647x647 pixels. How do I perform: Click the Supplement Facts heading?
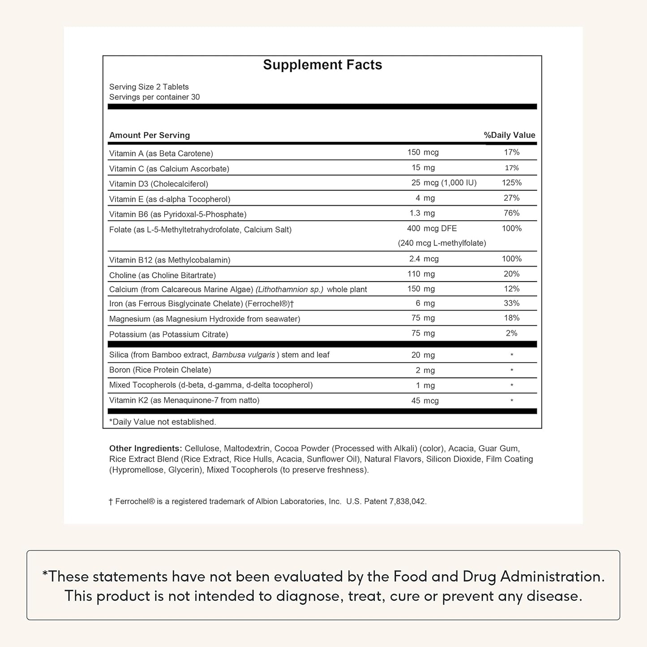point(322,65)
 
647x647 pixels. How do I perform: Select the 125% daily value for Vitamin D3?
point(512,183)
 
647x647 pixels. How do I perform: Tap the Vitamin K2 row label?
point(184,400)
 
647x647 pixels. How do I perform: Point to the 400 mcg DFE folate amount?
point(432,228)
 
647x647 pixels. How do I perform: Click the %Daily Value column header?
point(510,135)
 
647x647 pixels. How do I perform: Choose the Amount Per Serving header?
point(150,135)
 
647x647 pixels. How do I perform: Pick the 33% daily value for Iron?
point(512,303)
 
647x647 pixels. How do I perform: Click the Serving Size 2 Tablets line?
point(149,87)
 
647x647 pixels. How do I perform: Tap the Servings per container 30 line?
point(154,97)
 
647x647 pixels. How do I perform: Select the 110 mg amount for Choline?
point(421,274)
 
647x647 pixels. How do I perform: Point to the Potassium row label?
point(169,334)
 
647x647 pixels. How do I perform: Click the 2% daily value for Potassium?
point(512,333)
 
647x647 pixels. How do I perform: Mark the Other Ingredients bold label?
point(146,449)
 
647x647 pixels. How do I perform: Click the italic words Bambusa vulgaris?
point(244,355)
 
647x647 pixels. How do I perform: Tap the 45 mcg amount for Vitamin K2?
point(425,401)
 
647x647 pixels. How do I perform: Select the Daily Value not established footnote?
point(163,422)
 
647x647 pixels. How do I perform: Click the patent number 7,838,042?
point(407,501)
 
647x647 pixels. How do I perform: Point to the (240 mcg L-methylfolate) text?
point(442,243)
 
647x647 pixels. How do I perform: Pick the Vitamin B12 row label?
point(170,260)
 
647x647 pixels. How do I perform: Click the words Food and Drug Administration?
point(499,576)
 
